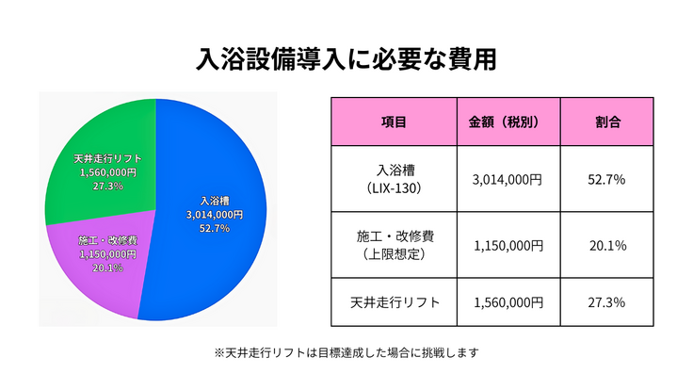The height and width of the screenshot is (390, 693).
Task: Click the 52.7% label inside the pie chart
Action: [x=214, y=229]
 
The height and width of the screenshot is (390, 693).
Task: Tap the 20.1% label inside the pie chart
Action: [x=106, y=268]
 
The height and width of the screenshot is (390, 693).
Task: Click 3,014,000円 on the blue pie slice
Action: [x=214, y=215]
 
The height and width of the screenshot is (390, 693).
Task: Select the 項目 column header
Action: [x=394, y=122]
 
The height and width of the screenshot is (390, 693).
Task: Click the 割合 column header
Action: [x=606, y=122]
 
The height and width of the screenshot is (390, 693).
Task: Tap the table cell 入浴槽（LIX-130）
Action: [x=394, y=179]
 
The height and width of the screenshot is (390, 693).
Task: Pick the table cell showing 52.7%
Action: [x=606, y=179]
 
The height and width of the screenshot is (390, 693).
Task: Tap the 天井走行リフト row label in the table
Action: [x=394, y=302]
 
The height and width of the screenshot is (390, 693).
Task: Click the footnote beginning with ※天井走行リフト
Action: [x=346, y=353]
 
